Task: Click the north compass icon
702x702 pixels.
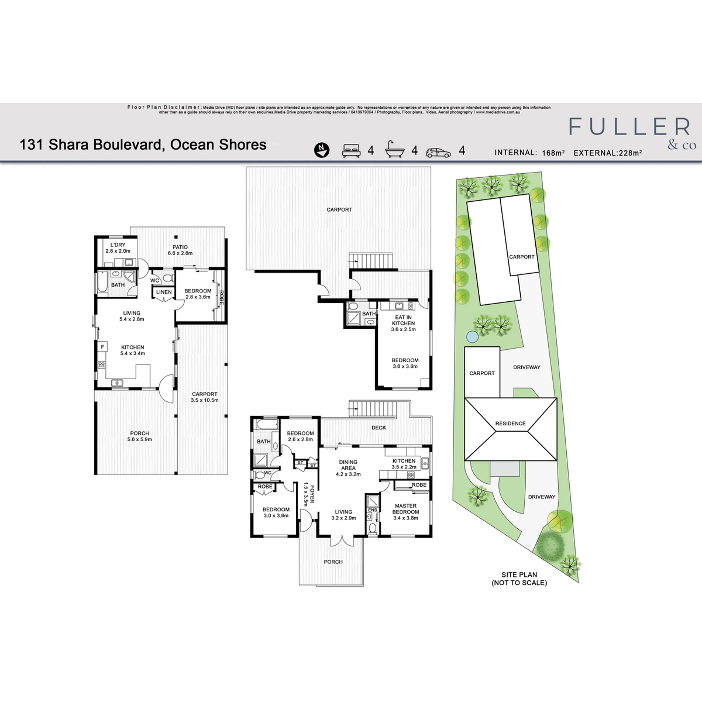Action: pos(322,150)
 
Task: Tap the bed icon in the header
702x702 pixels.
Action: pos(351,151)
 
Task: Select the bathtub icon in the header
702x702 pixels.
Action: pos(395,150)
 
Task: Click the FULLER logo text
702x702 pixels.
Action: pos(629,127)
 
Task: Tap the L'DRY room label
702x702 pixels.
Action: pos(118,245)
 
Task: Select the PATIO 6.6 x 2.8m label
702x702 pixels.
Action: pos(180,250)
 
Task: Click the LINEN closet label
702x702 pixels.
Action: pos(164,292)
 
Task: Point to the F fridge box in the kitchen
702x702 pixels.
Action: pos(102,347)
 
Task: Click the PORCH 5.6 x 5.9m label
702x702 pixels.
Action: pos(140,436)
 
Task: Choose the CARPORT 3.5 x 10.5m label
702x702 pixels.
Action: pos(205,397)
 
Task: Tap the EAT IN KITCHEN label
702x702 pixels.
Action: pos(403,320)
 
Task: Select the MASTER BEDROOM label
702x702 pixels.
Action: pos(406,509)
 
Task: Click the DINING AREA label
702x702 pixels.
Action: pos(348,465)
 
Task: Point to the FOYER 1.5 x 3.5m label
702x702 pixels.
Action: pos(309,494)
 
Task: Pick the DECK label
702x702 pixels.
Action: pos(379,427)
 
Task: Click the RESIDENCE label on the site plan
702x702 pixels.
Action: pos(510,423)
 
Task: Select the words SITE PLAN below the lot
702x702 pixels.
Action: pos(519,575)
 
